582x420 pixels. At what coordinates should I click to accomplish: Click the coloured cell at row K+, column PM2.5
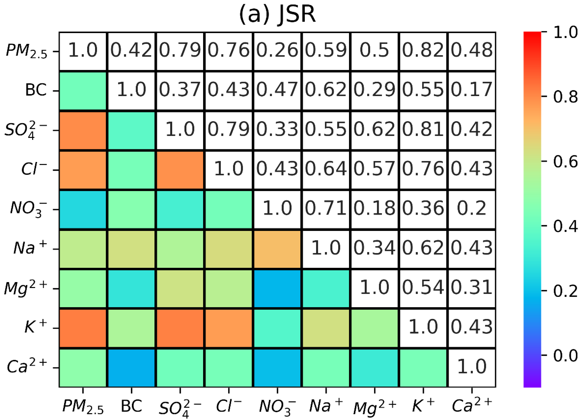[x=83, y=328]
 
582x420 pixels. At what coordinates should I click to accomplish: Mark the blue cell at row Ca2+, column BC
[x=131, y=368]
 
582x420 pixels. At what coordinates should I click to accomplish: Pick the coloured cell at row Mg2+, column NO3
[x=277, y=288]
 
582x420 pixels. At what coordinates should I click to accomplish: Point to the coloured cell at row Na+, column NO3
[x=277, y=249]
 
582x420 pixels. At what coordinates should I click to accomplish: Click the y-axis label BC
[x=36, y=90]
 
